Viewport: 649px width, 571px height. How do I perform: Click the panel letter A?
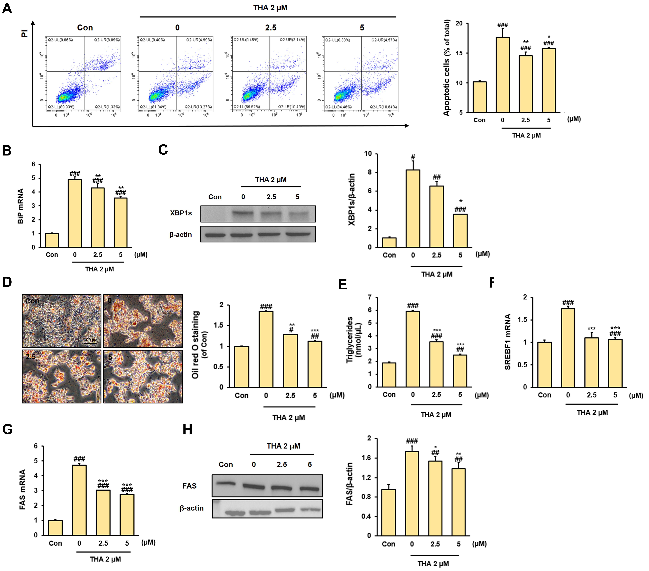click(x=7, y=8)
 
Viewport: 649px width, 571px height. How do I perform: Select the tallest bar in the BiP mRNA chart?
click(x=75, y=213)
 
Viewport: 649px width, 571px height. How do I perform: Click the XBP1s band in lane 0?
click(x=243, y=213)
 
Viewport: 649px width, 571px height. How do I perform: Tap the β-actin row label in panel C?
click(x=180, y=235)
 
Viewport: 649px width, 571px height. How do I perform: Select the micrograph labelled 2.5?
click(x=62, y=376)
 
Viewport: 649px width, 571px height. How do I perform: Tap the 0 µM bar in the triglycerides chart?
click(x=412, y=349)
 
